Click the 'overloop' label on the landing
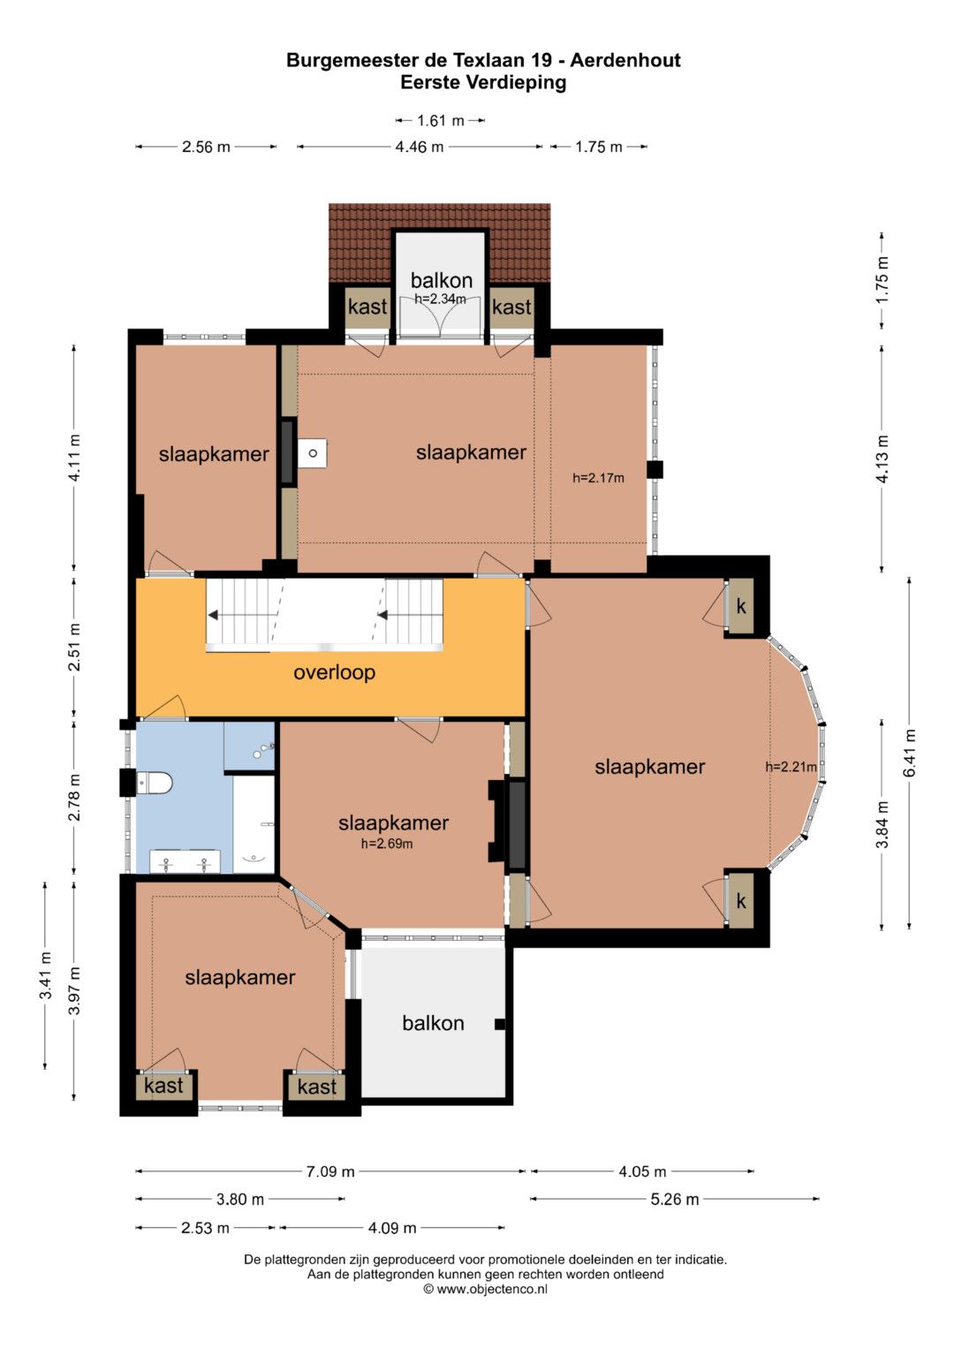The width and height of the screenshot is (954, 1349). pyautogui.click(x=334, y=672)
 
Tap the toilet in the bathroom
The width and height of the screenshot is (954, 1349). pyautogui.click(x=155, y=784)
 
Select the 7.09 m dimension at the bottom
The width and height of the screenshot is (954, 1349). pyautogui.click(x=330, y=1171)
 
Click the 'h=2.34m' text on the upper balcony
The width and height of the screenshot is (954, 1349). pyautogui.click(x=440, y=299)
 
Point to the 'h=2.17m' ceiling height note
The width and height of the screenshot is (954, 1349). pyautogui.click(x=598, y=478)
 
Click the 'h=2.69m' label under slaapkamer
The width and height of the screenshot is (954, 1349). pyautogui.click(x=387, y=844)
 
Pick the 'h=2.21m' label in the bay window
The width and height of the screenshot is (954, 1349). pyautogui.click(x=791, y=767)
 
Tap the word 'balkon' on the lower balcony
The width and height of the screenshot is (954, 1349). pyautogui.click(x=433, y=1023)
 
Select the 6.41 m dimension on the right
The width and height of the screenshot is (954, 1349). pyautogui.click(x=910, y=753)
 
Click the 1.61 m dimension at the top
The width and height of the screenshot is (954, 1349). pyautogui.click(x=440, y=120)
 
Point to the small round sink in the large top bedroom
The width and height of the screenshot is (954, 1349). pyautogui.click(x=313, y=453)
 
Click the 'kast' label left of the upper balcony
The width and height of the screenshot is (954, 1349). pyautogui.click(x=367, y=307)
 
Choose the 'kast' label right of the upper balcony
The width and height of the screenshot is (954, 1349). pyautogui.click(x=511, y=307)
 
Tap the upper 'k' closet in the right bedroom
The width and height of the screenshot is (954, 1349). pyautogui.click(x=741, y=606)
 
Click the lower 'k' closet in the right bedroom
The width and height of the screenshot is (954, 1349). pyautogui.click(x=741, y=901)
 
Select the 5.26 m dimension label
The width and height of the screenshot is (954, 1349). pyautogui.click(x=675, y=1199)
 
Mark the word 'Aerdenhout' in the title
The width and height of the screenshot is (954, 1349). pyautogui.click(x=625, y=60)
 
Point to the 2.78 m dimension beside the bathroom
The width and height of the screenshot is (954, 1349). pyautogui.click(x=74, y=798)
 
